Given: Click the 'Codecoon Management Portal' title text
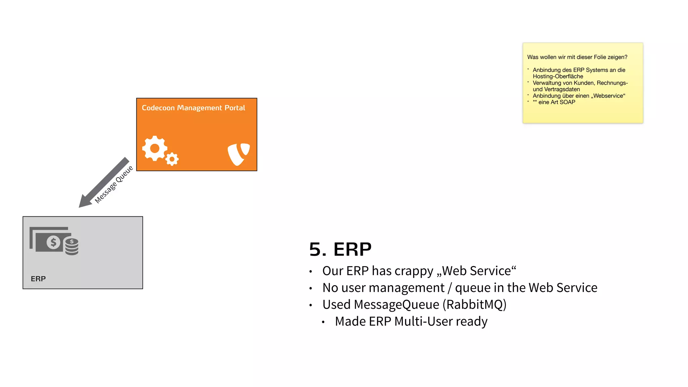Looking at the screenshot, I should tap(193, 108).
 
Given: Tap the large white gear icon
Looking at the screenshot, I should tap(154, 148).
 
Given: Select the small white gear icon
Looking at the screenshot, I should tap(172, 159).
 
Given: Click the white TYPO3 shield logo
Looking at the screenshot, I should tap(239, 154).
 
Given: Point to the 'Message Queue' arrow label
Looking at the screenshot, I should tap(114, 184).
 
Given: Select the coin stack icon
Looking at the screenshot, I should tap(72, 247).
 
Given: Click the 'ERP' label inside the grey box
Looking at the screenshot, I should tap(38, 279).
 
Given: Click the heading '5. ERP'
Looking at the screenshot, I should tap(340, 249).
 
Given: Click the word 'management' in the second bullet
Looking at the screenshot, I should tap(406, 288).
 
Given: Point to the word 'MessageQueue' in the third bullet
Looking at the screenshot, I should tap(396, 305).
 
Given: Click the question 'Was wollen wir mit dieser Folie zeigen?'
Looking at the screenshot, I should tap(577, 57).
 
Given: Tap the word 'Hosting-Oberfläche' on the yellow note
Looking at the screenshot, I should tap(558, 76).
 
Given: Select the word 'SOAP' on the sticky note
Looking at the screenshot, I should tap(567, 102).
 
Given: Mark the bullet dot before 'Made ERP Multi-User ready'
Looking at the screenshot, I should tap(323, 322).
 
